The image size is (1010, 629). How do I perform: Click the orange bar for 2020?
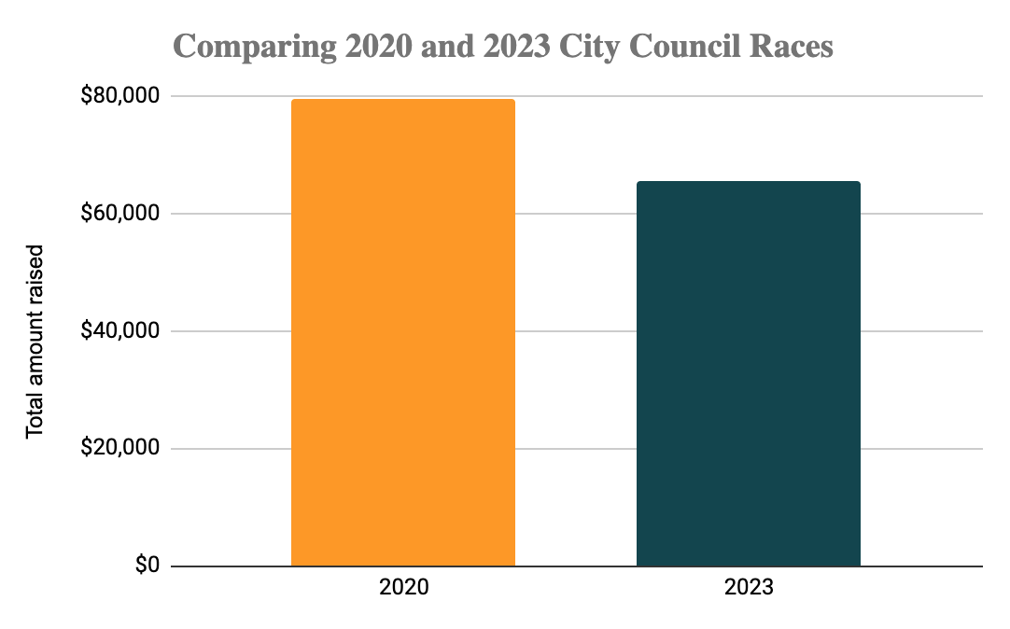coord(403,332)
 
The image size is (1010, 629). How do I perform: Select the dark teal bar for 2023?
coord(748,373)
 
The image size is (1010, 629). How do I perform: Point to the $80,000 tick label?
coord(120,96)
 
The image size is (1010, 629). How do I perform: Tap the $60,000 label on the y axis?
coord(120,214)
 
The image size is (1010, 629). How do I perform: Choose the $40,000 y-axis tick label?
coord(120,331)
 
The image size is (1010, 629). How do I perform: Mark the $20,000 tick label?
coord(120,449)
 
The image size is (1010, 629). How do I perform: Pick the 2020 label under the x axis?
coord(403,589)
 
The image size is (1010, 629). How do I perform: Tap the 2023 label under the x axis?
coord(748,589)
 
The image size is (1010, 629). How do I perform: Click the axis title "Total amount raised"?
coord(35,342)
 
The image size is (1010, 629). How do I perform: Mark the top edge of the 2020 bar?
coord(403,100)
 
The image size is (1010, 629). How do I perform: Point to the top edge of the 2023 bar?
coord(748,182)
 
